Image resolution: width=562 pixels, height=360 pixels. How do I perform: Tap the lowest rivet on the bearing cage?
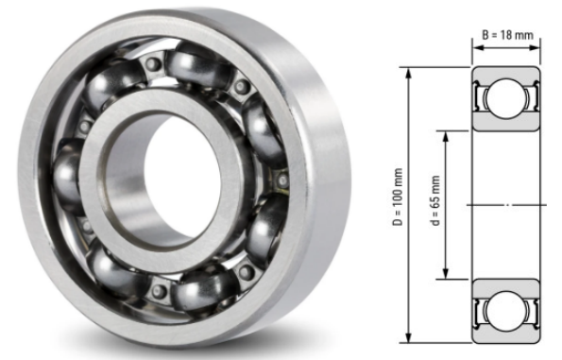tap(247, 274)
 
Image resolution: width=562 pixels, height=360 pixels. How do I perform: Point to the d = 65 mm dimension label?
tap(434, 203)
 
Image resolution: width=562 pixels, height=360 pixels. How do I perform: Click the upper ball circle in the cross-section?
tap(506, 98)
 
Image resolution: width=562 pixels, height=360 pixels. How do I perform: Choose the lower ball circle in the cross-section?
tap(506, 308)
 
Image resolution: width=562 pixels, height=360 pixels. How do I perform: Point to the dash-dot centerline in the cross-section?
tap(506, 204)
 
